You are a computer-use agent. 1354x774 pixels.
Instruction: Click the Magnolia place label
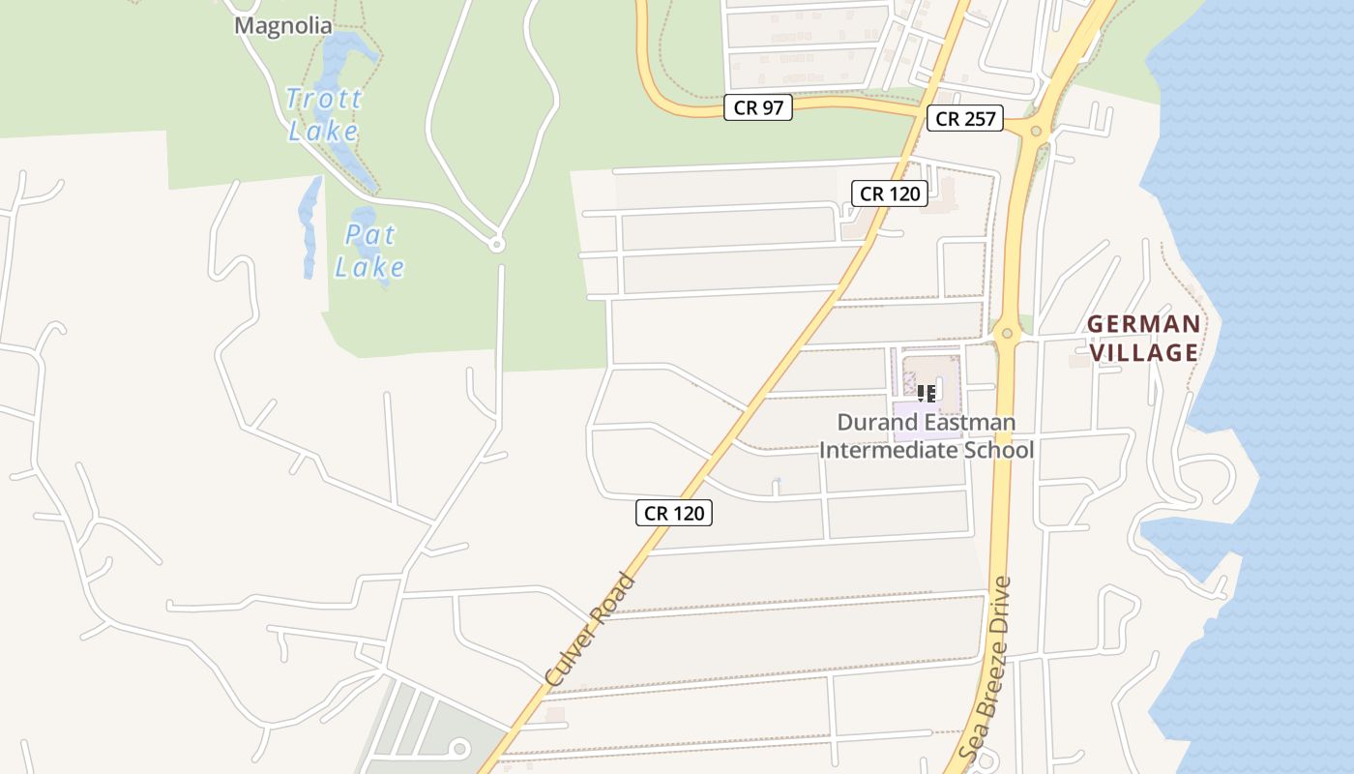283,26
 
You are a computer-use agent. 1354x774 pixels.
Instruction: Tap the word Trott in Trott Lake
324,99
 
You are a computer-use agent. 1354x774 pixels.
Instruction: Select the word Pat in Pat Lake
370,235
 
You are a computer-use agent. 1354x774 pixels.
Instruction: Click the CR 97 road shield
758,107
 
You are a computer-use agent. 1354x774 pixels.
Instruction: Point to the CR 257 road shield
966,119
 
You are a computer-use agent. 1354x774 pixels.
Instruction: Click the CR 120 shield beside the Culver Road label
674,513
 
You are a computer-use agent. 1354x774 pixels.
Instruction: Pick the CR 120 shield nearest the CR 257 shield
890,193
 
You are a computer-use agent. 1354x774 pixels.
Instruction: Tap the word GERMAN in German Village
1143,324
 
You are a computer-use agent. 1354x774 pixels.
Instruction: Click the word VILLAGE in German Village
1144,352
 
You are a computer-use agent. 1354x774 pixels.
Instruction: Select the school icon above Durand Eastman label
927,393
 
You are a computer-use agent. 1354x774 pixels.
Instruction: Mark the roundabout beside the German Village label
1008,333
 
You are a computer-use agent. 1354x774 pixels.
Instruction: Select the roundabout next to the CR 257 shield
1036,130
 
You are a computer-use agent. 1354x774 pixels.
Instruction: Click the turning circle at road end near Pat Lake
497,245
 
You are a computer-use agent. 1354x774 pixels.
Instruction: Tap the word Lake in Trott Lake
324,132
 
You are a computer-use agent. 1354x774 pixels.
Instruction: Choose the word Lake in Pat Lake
370,268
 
